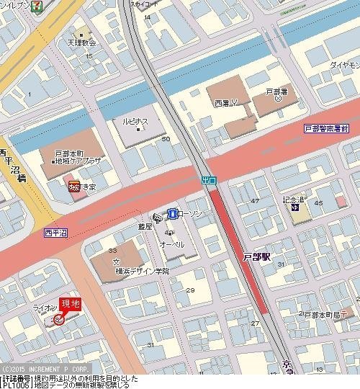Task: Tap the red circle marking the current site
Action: (x=58, y=319)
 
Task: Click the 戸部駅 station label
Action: (x=256, y=256)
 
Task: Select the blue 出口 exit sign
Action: (x=207, y=179)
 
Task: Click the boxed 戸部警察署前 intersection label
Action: (x=325, y=128)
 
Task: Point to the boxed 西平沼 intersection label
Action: (x=55, y=233)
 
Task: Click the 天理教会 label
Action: (x=82, y=43)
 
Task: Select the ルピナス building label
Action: (x=135, y=122)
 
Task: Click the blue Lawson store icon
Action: (x=173, y=213)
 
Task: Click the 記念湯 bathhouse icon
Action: (x=295, y=209)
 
